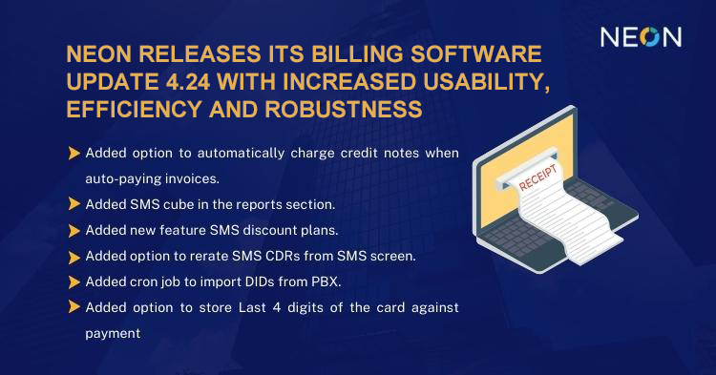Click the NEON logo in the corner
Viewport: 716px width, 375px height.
point(641,37)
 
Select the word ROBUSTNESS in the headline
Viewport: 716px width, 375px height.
point(344,110)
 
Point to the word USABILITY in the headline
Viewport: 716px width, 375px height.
point(486,83)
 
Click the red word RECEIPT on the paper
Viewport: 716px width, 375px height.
point(537,177)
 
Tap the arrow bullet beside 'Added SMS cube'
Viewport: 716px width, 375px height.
point(74,204)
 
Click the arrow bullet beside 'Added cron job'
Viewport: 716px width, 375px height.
point(74,281)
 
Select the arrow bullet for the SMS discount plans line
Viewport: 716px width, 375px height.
point(74,230)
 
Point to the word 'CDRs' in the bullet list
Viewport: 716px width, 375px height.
point(277,256)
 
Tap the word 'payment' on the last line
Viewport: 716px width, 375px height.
point(113,333)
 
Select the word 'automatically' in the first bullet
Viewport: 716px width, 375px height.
point(241,153)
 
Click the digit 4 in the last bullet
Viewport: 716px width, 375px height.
point(276,307)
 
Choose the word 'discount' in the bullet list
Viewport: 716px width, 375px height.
point(269,230)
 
